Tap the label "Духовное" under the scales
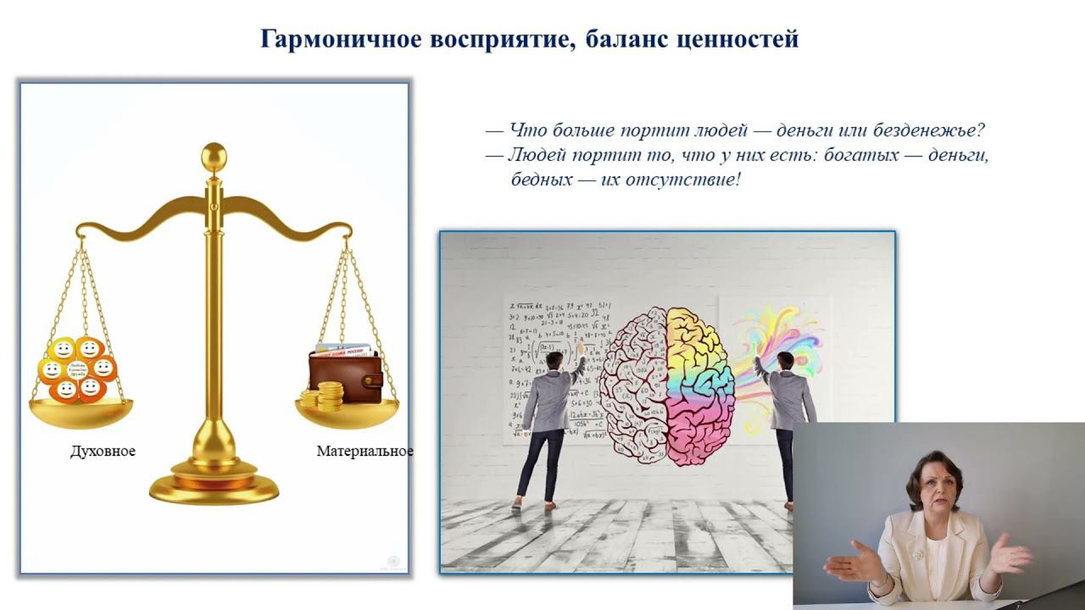coord(103,452)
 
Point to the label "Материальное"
coord(364,452)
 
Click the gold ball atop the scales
coord(214,155)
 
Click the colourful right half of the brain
coord(700,385)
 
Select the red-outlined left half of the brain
coord(634,385)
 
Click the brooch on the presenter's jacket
coord(917,556)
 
